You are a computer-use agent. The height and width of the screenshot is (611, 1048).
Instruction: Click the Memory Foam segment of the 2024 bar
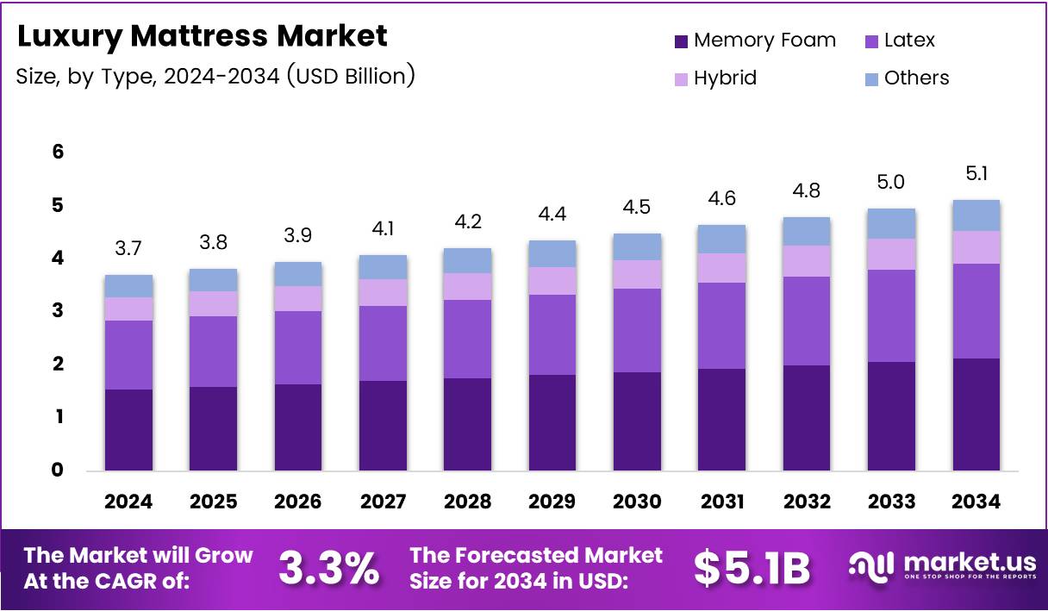[128, 430]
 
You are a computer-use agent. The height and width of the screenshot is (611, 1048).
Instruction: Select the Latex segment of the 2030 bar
[637, 330]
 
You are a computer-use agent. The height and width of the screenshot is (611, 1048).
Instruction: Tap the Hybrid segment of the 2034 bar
[976, 247]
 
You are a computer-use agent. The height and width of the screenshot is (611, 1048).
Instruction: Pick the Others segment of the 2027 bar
[383, 267]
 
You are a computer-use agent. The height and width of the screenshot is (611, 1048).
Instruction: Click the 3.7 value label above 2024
[128, 249]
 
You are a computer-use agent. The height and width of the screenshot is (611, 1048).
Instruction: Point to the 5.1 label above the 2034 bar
[976, 174]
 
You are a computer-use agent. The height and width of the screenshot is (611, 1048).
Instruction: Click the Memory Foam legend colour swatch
[681, 41]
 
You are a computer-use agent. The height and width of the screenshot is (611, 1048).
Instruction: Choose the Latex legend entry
[909, 41]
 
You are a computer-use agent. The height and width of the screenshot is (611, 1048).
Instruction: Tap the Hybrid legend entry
[725, 78]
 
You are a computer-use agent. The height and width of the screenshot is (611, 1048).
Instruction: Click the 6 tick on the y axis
[58, 152]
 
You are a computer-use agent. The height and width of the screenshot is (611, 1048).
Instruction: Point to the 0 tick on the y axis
[58, 470]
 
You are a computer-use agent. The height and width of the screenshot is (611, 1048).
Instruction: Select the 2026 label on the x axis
[298, 502]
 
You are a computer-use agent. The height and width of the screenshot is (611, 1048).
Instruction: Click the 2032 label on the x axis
[807, 502]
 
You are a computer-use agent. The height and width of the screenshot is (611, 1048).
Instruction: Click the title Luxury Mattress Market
[203, 36]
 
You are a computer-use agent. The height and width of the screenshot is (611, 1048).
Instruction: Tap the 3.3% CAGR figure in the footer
[328, 568]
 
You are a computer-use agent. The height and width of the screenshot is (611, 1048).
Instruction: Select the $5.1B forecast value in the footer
[752, 568]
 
